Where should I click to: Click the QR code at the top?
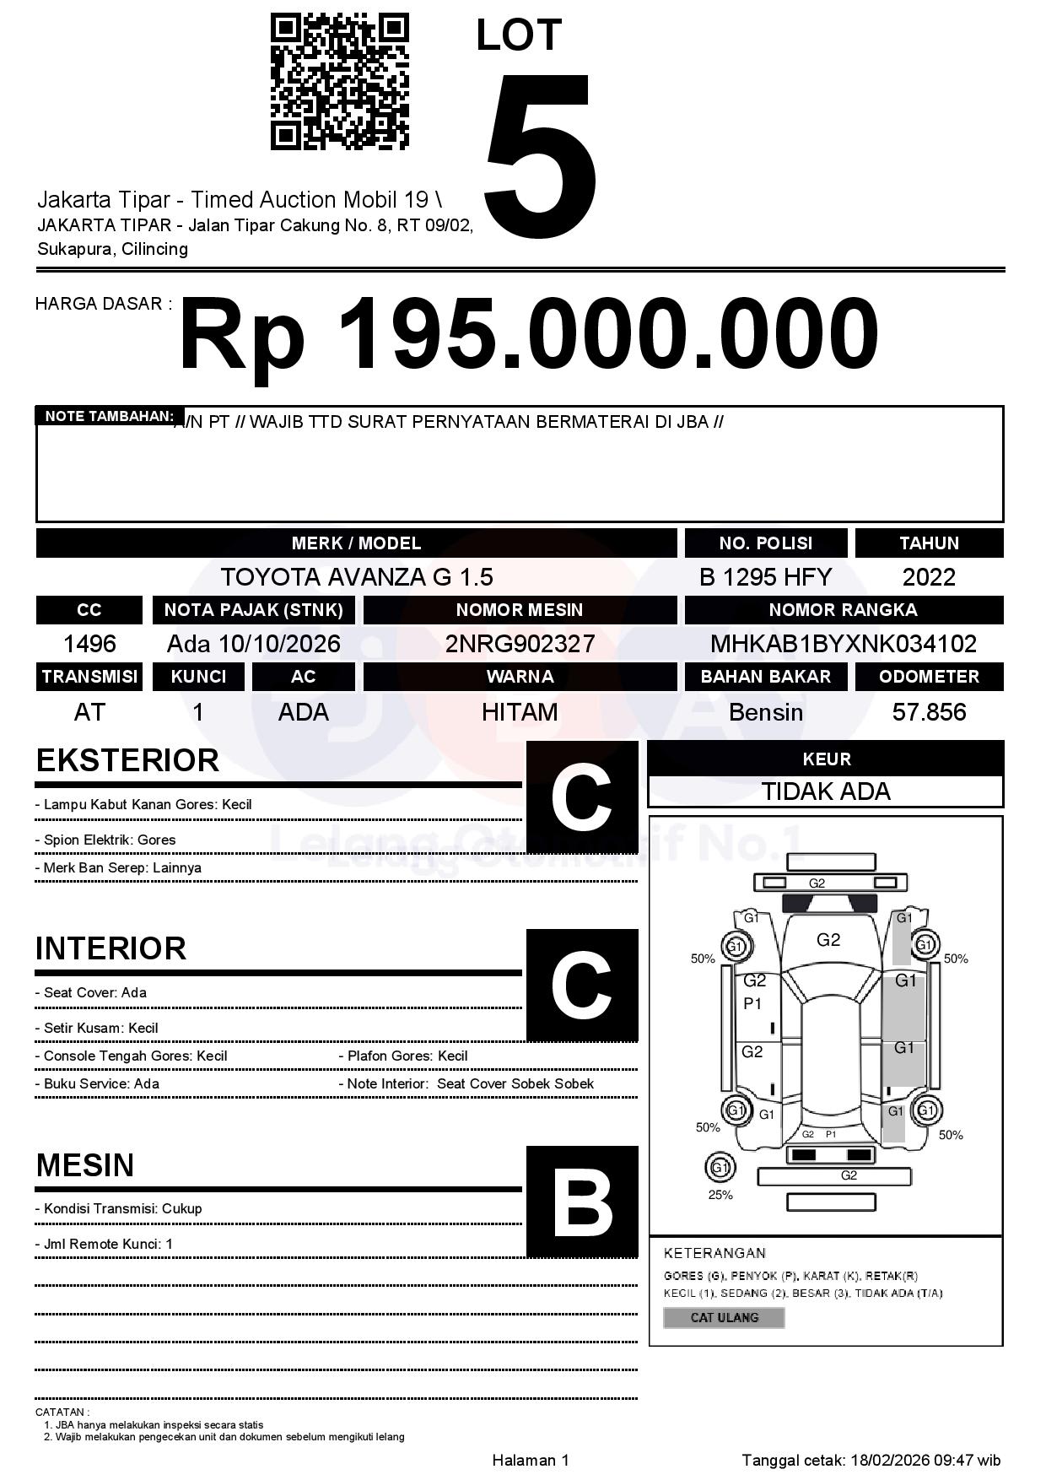(x=339, y=81)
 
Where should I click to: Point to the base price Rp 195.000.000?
(x=528, y=335)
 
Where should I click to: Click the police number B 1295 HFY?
(x=765, y=577)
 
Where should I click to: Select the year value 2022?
(x=929, y=577)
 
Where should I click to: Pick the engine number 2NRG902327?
(x=520, y=644)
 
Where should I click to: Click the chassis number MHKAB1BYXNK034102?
(x=843, y=644)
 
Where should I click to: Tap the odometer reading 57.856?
(x=929, y=712)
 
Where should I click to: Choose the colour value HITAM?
(x=520, y=712)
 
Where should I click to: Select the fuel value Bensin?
(x=765, y=712)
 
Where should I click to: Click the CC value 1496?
(x=89, y=644)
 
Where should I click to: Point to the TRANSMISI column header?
(x=89, y=677)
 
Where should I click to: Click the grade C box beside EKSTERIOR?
(x=581, y=797)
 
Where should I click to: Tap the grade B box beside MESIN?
(x=581, y=1202)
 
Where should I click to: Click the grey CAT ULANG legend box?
(x=724, y=1317)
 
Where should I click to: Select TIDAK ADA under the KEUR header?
(x=826, y=791)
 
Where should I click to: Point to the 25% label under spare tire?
(x=720, y=1195)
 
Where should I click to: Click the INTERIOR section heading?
(x=111, y=948)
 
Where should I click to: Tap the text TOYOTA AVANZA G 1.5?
(x=356, y=577)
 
